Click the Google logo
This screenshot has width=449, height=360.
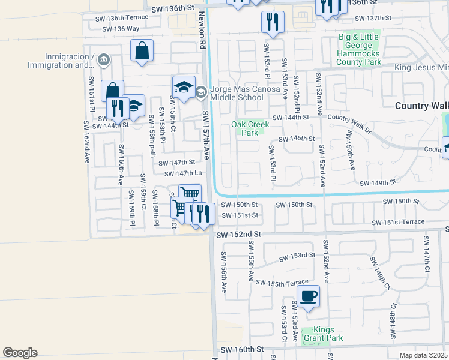20,353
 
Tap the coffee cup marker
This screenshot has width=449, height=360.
308,296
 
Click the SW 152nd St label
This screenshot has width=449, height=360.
239,233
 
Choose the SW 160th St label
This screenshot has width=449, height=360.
242,349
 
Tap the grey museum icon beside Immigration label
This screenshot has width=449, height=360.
103,59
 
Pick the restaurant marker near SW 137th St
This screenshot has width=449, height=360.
273,22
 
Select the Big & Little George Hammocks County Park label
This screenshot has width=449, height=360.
359,49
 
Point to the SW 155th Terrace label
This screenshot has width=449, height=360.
282,282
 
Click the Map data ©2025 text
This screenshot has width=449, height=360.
423,355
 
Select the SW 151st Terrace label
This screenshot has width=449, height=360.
398,223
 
